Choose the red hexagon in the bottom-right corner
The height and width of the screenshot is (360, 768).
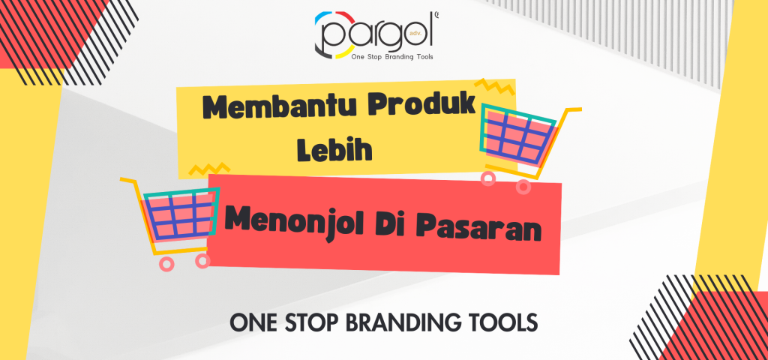[731, 330]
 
